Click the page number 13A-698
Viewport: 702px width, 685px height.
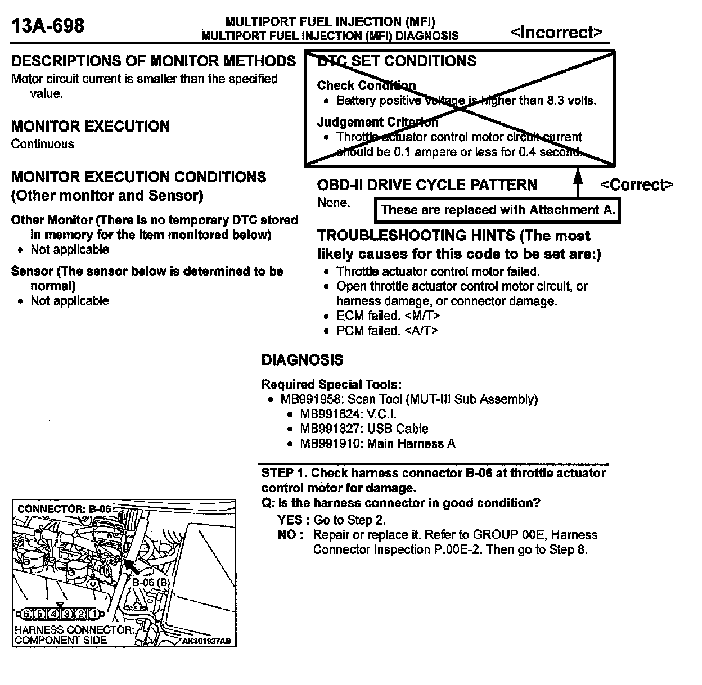(48, 25)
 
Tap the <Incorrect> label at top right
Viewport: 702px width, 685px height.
(556, 33)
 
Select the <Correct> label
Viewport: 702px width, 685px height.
(636, 185)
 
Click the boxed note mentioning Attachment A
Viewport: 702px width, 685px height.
(498, 210)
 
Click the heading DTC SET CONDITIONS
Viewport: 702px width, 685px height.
(397, 61)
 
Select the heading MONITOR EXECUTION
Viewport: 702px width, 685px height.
(90, 126)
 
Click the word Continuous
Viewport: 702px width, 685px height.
(42, 144)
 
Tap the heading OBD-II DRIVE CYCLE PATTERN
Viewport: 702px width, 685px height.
(427, 185)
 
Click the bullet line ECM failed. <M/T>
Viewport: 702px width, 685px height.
(388, 316)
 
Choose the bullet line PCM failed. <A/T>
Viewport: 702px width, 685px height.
(388, 331)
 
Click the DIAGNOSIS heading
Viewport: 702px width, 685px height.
(302, 360)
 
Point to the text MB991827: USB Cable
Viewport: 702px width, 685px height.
(364, 429)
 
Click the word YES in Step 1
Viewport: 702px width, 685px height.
(290, 520)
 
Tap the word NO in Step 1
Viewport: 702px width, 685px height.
(288, 535)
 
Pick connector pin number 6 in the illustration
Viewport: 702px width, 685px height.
(26, 614)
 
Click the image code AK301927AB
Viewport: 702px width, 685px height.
(206, 641)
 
